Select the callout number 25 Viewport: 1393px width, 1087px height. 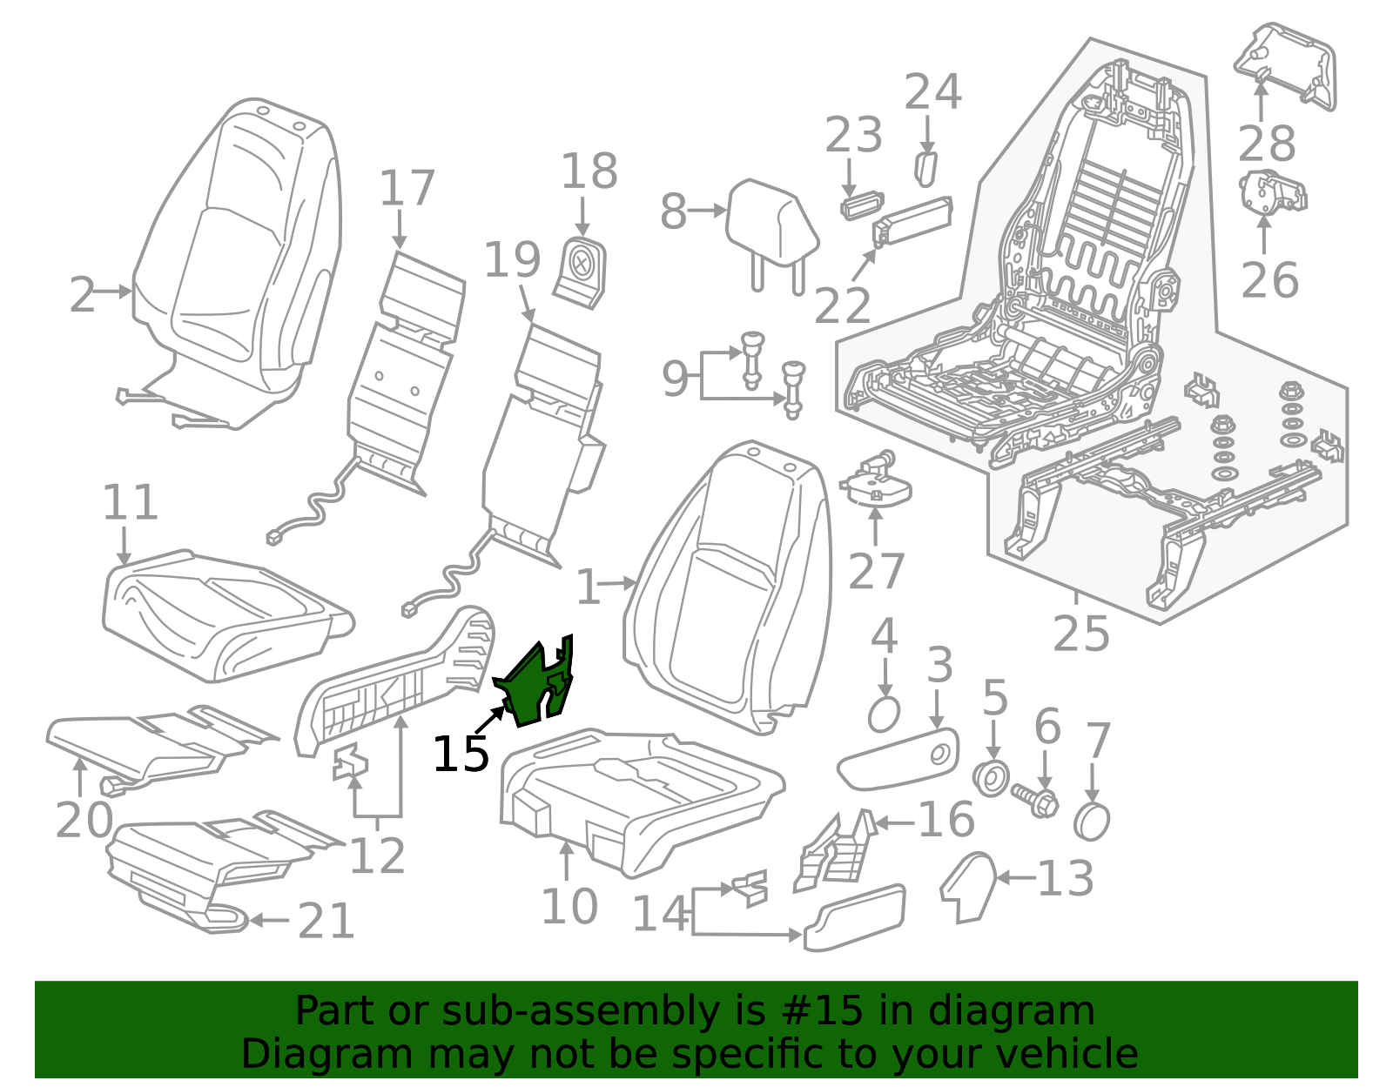(1080, 634)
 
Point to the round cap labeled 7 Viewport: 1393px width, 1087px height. (1091, 820)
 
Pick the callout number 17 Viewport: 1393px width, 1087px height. (407, 188)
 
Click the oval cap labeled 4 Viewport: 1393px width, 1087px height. (884, 715)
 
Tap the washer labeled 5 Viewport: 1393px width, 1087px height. (991, 779)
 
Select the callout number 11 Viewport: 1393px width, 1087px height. (130, 502)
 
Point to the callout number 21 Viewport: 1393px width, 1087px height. (326, 921)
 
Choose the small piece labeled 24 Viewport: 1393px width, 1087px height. (925, 169)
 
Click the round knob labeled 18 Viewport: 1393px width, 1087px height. (581, 272)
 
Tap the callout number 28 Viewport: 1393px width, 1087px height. (1266, 144)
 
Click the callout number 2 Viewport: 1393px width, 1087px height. (82, 295)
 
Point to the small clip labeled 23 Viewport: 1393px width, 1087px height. (862, 206)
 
